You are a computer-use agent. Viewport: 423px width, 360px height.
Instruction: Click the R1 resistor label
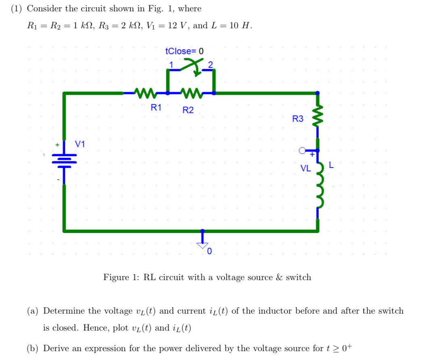coord(156,107)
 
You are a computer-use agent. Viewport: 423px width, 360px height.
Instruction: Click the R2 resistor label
coord(188,110)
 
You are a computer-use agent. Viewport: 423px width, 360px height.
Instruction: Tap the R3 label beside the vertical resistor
coord(297,119)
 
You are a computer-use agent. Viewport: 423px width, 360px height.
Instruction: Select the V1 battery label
coord(80,144)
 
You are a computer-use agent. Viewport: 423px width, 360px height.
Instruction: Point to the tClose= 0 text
coord(184,51)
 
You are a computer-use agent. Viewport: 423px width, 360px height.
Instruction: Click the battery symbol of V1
coord(64,161)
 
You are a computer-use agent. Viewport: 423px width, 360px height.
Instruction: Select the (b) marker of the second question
coord(33,348)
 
